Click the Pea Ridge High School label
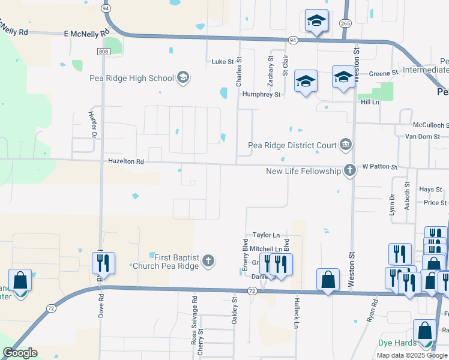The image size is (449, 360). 131,78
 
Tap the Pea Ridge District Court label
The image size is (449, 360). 292,145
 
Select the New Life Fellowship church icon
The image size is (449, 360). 349,171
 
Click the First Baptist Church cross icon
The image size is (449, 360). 208,260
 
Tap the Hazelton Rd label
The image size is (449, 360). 126,161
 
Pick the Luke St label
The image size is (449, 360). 221,61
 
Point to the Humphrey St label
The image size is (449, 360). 261,94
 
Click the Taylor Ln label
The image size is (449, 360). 266,236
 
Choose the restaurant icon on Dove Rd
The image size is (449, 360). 103,263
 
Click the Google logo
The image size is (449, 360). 20,353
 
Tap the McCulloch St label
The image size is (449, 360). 430,125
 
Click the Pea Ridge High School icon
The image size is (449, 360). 183,77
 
